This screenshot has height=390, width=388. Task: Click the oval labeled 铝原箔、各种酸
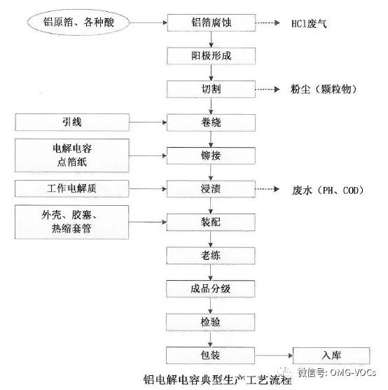click(78, 22)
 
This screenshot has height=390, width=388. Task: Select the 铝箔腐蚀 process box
click(212, 22)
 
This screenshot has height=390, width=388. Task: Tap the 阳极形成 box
click(212, 56)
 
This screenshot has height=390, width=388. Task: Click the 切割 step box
click(212, 89)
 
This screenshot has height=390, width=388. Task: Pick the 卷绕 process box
click(212, 123)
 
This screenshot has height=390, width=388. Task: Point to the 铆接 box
click(211, 155)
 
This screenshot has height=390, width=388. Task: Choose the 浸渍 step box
click(211, 189)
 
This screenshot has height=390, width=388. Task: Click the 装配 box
click(211, 222)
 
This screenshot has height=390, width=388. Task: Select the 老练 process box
click(211, 256)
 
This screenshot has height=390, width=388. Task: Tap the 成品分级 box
click(211, 288)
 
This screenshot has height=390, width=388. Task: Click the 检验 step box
click(210, 322)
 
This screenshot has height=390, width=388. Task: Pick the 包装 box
click(210, 356)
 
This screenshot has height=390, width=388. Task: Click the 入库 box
click(331, 356)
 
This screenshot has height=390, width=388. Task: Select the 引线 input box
click(72, 122)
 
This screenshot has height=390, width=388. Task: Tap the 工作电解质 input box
click(72, 188)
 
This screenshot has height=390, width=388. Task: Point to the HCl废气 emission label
click(309, 24)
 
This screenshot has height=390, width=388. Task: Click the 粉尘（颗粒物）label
click(324, 90)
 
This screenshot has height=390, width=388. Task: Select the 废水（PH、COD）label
click(328, 190)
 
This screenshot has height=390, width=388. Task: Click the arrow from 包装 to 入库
click(274, 356)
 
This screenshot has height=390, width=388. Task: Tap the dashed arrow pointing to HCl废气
click(268, 23)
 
